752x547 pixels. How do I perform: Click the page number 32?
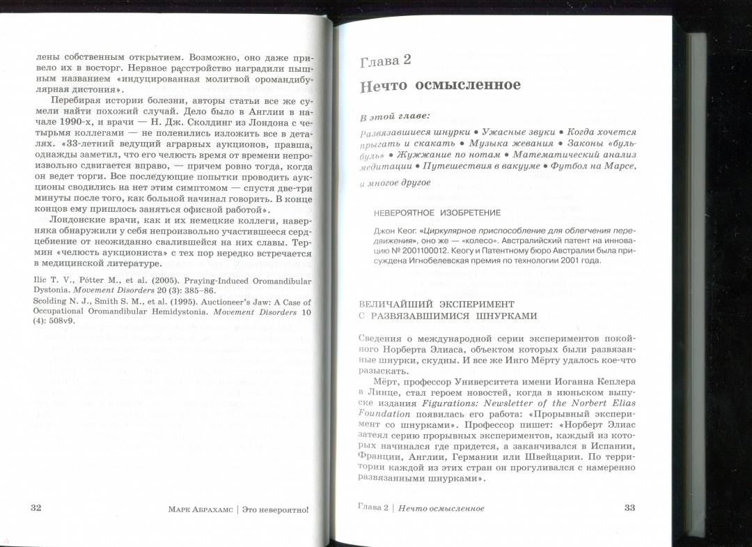pyautogui.click(x=36, y=507)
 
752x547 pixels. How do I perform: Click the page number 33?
pyautogui.click(x=629, y=507)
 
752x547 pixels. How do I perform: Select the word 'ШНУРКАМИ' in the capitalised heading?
pyautogui.click(x=505, y=316)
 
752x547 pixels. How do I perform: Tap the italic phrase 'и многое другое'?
pyautogui.click(x=395, y=183)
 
